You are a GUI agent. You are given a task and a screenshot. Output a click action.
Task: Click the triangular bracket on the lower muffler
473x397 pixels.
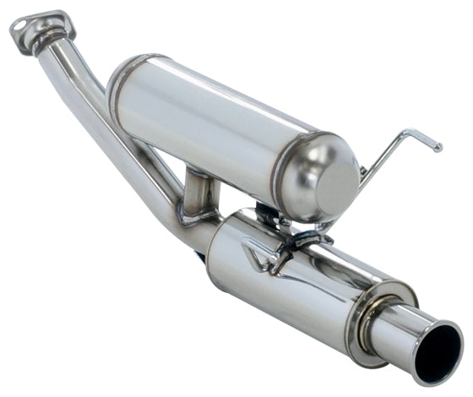258,252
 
